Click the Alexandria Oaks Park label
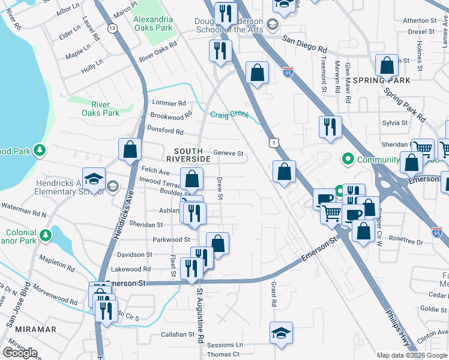(x=152, y=23)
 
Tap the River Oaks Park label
(x=101, y=108)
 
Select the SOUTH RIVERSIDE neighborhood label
(x=192, y=154)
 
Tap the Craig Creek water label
(x=229, y=115)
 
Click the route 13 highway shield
(x=112, y=28)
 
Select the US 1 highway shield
(x=274, y=142)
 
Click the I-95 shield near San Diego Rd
(x=288, y=71)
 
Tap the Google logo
(x=20, y=353)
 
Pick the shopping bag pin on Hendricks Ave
(x=130, y=149)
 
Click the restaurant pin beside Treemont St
(x=330, y=126)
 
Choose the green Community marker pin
(x=347, y=160)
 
